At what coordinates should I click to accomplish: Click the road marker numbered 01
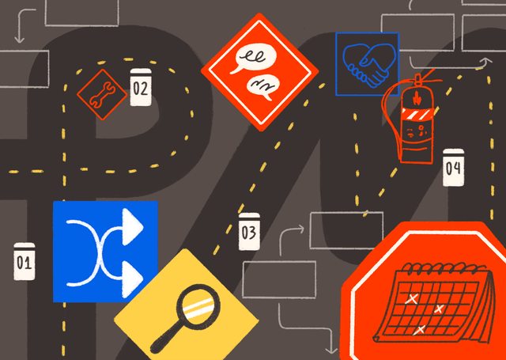pyautogui.click(x=25, y=261)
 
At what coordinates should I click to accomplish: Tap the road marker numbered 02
pyautogui.click(x=141, y=87)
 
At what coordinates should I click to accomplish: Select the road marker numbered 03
pyautogui.click(x=249, y=231)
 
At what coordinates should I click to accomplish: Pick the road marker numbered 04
pyautogui.click(x=453, y=167)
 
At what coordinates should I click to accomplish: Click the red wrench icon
pyautogui.click(x=102, y=94)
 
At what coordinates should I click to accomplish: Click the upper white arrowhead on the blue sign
pyautogui.click(x=133, y=226)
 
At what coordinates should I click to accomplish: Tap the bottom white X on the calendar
pyautogui.click(x=419, y=330)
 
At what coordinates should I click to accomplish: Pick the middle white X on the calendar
pyautogui.click(x=438, y=309)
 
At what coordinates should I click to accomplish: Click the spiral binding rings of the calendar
pyautogui.click(x=444, y=267)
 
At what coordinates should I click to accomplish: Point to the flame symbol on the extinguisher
pyautogui.click(x=416, y=98)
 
